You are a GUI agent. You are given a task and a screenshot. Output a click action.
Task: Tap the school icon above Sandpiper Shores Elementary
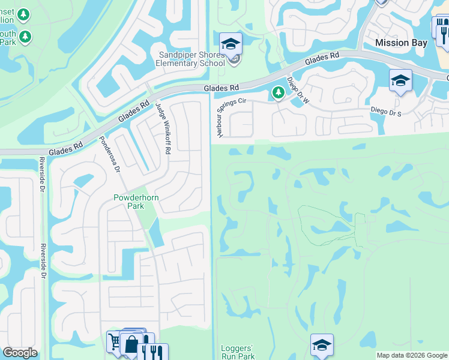[x=230, y=43]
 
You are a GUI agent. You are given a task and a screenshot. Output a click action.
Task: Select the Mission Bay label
[x=401, y=43]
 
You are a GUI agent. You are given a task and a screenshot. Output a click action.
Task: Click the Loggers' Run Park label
[x=238, y=352]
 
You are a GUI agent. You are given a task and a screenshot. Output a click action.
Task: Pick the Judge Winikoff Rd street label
[x=163, y=127]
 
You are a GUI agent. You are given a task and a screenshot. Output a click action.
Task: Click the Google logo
[x=20, y=353]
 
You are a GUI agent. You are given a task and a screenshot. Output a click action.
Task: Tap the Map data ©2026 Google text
[x=411, y=356]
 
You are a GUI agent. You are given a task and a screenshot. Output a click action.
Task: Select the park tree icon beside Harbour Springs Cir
[x=277, y=93]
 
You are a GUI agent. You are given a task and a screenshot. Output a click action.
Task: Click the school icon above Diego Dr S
[x=400, y=80]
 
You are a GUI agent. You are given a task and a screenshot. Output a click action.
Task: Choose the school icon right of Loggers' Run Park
[x=322, y=345]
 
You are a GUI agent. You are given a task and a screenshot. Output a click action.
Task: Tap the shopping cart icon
[x=115, y=342]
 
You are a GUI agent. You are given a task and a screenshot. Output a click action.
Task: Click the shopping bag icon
[x=131, y=345]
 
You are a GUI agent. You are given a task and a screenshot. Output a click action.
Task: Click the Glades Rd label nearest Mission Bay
[x=322, y=59]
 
